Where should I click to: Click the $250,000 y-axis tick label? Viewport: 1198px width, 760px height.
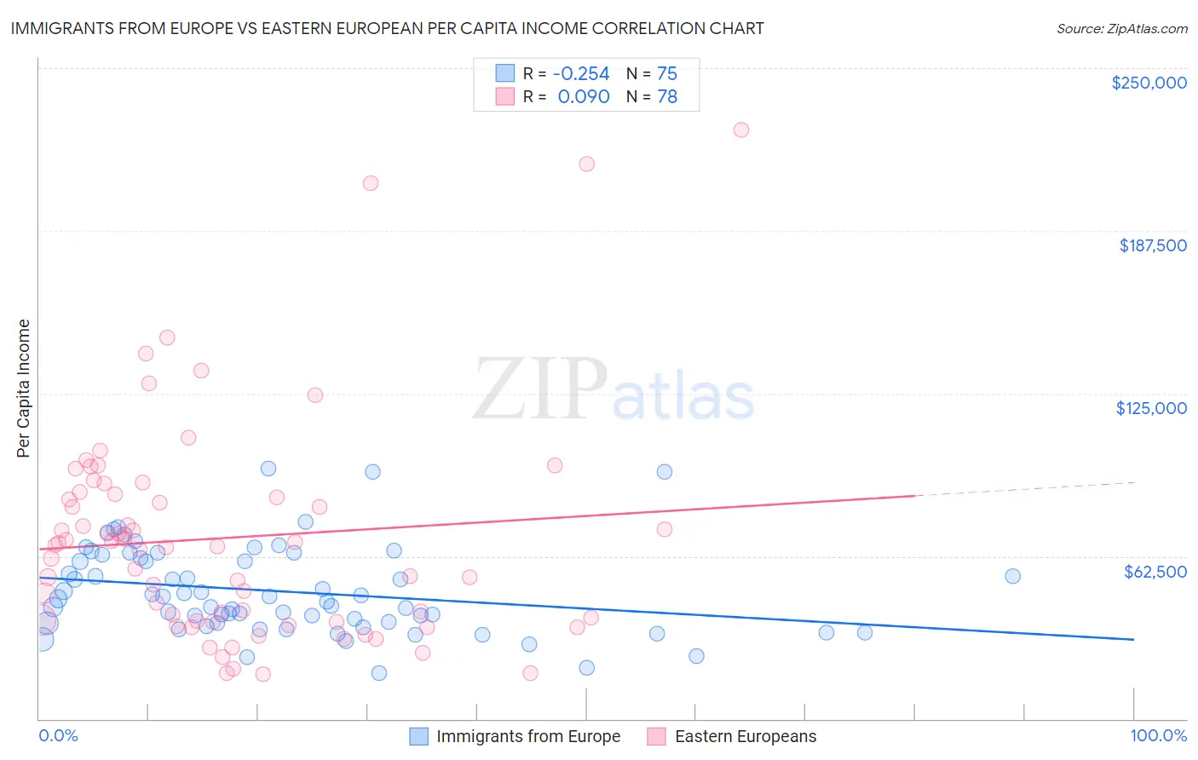point(1149,83)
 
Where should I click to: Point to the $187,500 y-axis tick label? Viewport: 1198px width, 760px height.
point(1152,245)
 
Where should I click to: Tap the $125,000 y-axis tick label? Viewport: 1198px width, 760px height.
point(1151,408)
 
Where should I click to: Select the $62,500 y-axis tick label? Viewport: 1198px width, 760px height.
point(1155,572)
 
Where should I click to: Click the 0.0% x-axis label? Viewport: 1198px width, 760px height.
point(58,735)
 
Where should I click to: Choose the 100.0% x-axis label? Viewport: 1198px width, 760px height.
point(1158,735)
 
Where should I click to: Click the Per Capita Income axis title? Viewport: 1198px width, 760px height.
point(24,389)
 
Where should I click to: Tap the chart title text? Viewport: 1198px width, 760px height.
point(387,28)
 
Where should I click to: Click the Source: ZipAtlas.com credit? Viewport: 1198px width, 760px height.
point(1121,28)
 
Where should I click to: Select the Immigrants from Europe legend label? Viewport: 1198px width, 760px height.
point(528,736)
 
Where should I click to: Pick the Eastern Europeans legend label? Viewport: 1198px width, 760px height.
point(745,736)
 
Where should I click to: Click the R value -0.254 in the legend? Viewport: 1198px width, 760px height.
point(581,73)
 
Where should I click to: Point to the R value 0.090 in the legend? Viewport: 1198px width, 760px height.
point(584,96)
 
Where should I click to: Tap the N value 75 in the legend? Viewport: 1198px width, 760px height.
point(666,73)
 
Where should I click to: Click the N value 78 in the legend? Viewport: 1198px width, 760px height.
point(666,96)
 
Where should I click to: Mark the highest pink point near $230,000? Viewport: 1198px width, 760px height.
point(740,130)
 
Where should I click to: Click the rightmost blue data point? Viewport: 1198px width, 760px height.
point(1012,576)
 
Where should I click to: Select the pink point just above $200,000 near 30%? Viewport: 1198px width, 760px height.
point(370,182)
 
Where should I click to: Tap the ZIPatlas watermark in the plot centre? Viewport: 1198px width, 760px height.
point(613,390)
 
